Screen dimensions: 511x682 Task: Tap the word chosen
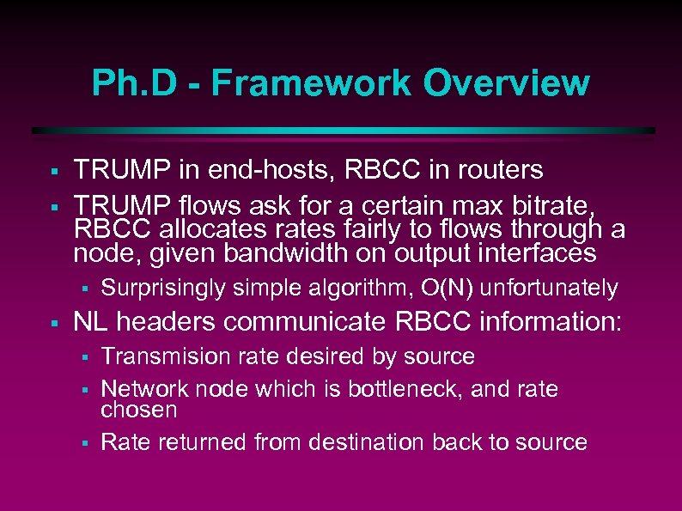[138, 410]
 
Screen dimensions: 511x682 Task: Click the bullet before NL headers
[53, 324]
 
